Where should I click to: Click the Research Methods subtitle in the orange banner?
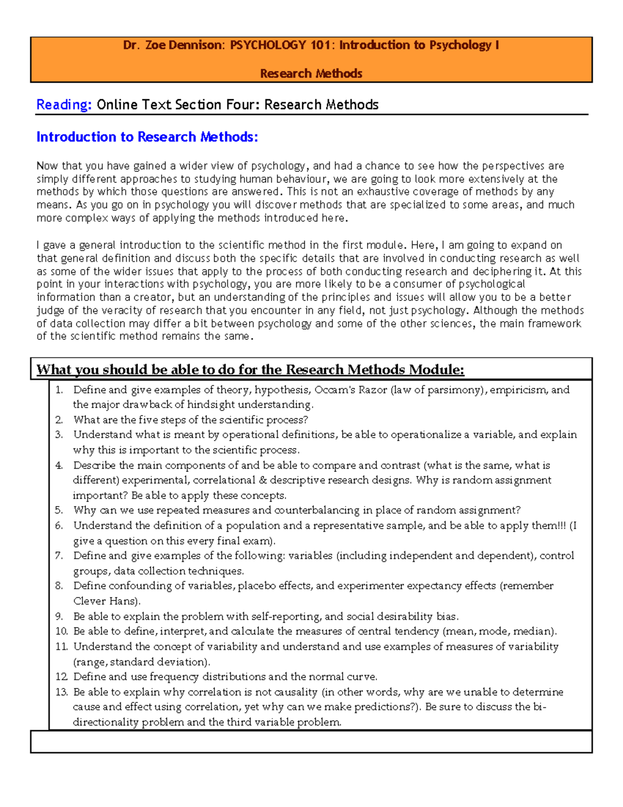pyautogui.click(x=311, y=73)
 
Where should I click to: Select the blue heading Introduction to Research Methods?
pyautogui.click(x=147, y=137)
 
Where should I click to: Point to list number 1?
pyautogui.click(x=59, y=390)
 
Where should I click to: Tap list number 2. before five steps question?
pyautogui.click(x=59, y=420)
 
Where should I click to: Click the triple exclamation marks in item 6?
pyautogui.click(x=561, y=525)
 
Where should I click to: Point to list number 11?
pyautogui.click(x=62, y=646)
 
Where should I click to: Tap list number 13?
pyautogui.click(x=62, y=692)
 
